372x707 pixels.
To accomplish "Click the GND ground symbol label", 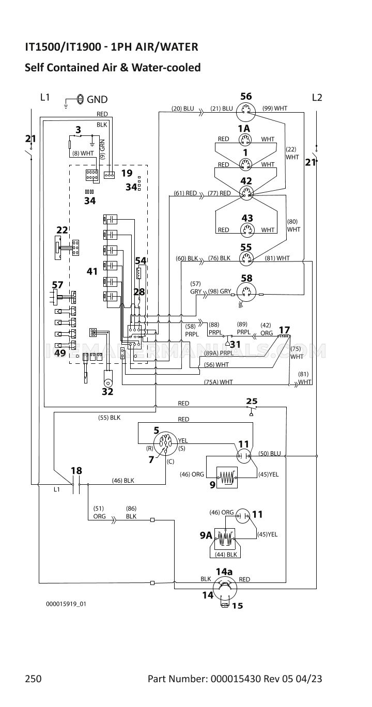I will coord(97,99).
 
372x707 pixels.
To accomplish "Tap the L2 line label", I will coord(317,97).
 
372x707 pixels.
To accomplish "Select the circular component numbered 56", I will coord(246,110).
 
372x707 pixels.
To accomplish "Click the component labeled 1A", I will coord(244,140).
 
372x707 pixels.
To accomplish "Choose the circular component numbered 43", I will coord(246,230).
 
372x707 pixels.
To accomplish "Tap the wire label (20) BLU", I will coord(183,109).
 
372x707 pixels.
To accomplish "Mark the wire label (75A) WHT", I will coord(219,382).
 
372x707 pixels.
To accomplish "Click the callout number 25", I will coord(252,401).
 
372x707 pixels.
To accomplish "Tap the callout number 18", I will coord(76,470).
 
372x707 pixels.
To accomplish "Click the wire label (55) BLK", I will coord(109,417).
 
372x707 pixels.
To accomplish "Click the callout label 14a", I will coord(224,571).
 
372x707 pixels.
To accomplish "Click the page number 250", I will coord(33,679).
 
